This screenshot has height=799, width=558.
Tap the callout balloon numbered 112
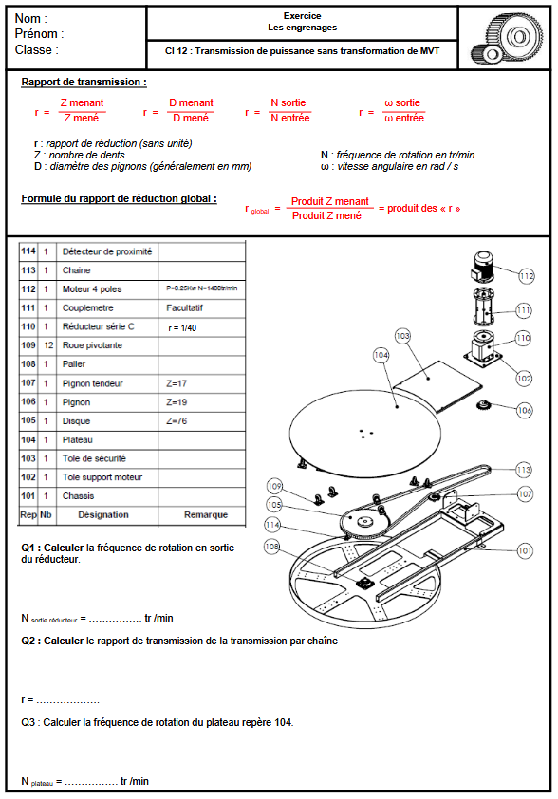click(527, 275)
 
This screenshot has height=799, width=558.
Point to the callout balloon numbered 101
click(525, 549)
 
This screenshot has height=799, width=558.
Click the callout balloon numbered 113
click(523, 469)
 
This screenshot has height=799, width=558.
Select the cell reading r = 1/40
click(183, 326)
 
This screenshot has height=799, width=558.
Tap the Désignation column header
click(103, 514)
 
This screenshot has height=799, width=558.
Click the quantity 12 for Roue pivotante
click(46, 345)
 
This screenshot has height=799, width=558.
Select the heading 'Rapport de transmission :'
click(84, 83)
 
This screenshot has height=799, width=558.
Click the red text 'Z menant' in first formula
click(83, 102)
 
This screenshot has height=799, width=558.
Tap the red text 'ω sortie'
click(403, 102)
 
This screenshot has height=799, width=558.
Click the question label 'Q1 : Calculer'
click(52, 548)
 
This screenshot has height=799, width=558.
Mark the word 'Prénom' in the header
click(38, 34)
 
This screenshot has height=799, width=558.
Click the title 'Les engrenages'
click(302, 28)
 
